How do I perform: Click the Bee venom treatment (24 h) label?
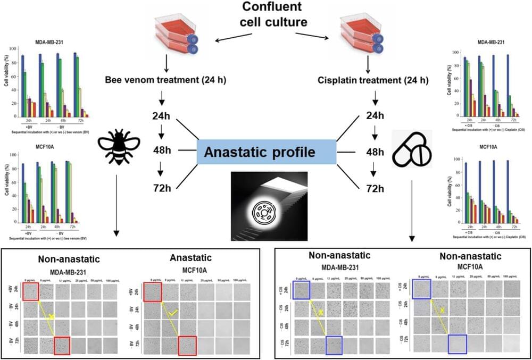162,81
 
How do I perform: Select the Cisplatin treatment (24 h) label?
372,81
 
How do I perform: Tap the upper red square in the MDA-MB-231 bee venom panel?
31,292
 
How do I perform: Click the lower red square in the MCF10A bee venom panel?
187,346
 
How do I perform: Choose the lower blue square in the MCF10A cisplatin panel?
458,344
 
